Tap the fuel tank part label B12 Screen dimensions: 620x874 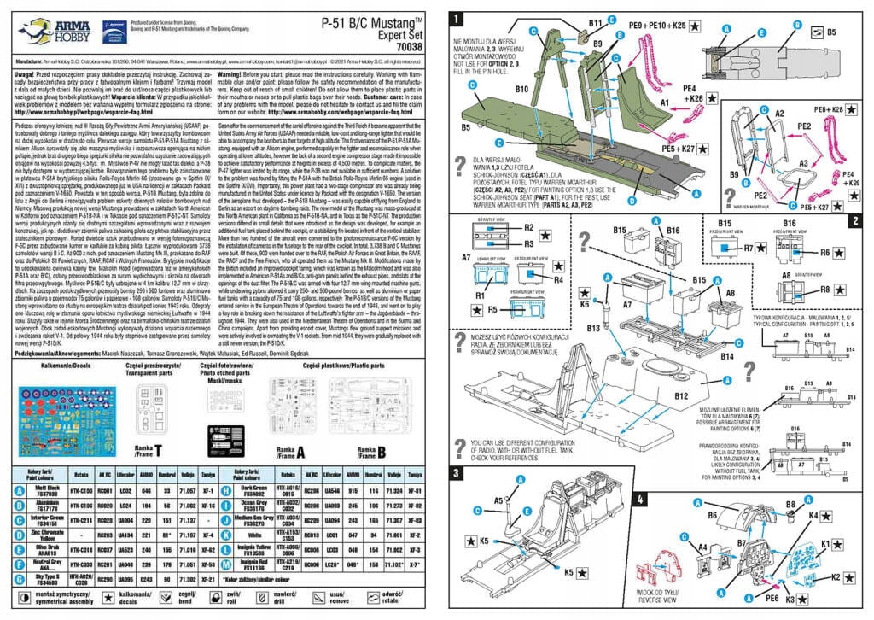[x=680, y=395]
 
